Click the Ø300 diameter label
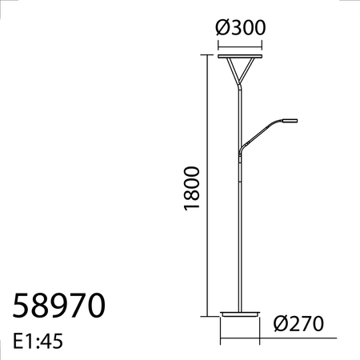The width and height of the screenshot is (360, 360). point(241,26)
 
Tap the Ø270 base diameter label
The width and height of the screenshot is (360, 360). point(298,324)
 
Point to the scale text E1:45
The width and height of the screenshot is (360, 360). point(38,342)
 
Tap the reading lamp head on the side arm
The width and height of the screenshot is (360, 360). point(288,120)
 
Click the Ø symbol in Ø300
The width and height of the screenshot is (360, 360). point(223,26)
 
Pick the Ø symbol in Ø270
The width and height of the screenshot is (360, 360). point(279,324)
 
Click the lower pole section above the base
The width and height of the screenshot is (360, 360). point(241,240)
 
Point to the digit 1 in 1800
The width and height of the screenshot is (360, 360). point(190,207)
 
